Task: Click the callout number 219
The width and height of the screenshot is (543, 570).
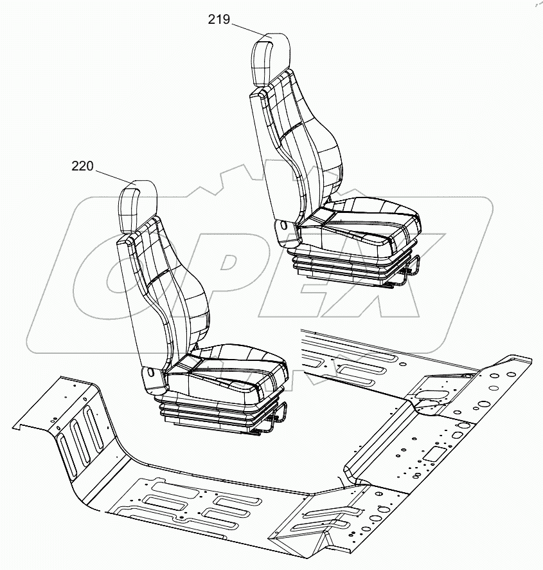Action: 219,20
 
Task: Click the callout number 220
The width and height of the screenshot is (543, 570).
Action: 82,166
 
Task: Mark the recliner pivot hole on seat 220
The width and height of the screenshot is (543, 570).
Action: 150,372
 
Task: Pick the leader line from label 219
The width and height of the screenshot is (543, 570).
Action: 247,30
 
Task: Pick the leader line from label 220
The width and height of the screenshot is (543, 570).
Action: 112,176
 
